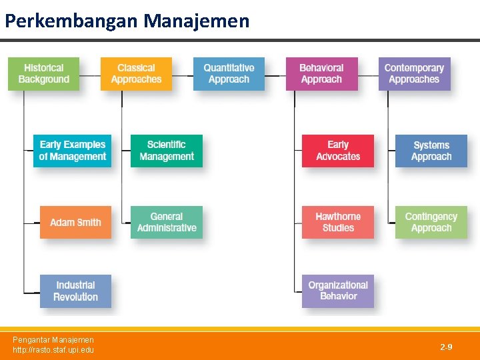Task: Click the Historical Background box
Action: tap(44, 74)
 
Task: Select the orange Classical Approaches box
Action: tap(136, 74)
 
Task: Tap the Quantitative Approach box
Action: tap(229, 74)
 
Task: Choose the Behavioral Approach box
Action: tap(321, 74)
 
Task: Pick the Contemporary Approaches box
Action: tap(414, 74)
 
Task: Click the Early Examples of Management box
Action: tap(73, 151)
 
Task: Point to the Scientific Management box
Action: tap(167, 151)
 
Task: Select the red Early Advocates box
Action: tap(338, 151)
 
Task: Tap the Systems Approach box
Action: tap(431, 151)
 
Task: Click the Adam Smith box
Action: tap(75, 223)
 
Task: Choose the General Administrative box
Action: tap(167, 223)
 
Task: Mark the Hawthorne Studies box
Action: tap(338, 223)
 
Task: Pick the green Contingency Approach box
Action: tap(431, 223)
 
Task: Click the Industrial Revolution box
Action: tap(75, 291)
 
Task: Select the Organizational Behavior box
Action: tap(338, 291)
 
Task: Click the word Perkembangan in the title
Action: tap(72, 21)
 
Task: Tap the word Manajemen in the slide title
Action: tap(197, 21)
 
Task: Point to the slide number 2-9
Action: tap(446, 347)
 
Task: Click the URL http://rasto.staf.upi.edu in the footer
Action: tap(53, 350)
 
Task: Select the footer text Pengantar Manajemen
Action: tap(53, 340)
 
